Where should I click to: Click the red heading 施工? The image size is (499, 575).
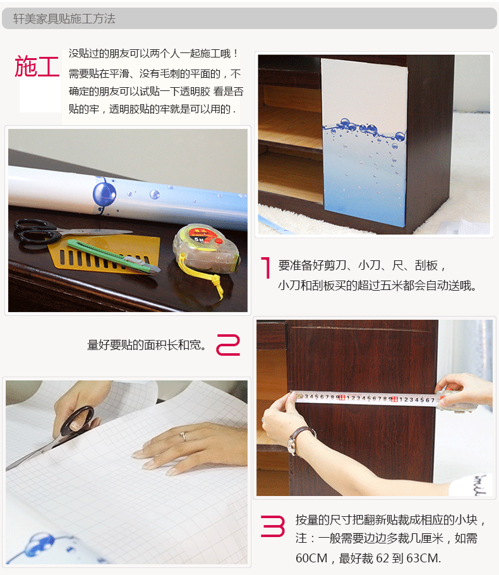tap(37, 66)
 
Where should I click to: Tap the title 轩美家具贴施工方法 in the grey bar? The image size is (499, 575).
tap(64, 19)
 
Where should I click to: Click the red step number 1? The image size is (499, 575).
tap(266, 268)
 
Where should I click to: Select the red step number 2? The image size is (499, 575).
tap(228, 345)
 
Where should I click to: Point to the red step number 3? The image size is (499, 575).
tap(273, 526)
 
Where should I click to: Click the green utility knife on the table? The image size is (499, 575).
tap(114, 256)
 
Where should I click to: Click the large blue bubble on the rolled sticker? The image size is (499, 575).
tap(104, 193)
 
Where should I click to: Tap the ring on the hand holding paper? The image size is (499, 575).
tap(184, 436)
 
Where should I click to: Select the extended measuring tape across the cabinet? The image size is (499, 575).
tap(366, 399)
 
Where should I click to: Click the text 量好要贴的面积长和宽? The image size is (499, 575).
tap(146, 345)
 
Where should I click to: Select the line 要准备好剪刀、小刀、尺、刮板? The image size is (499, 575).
tap(362, 265)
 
